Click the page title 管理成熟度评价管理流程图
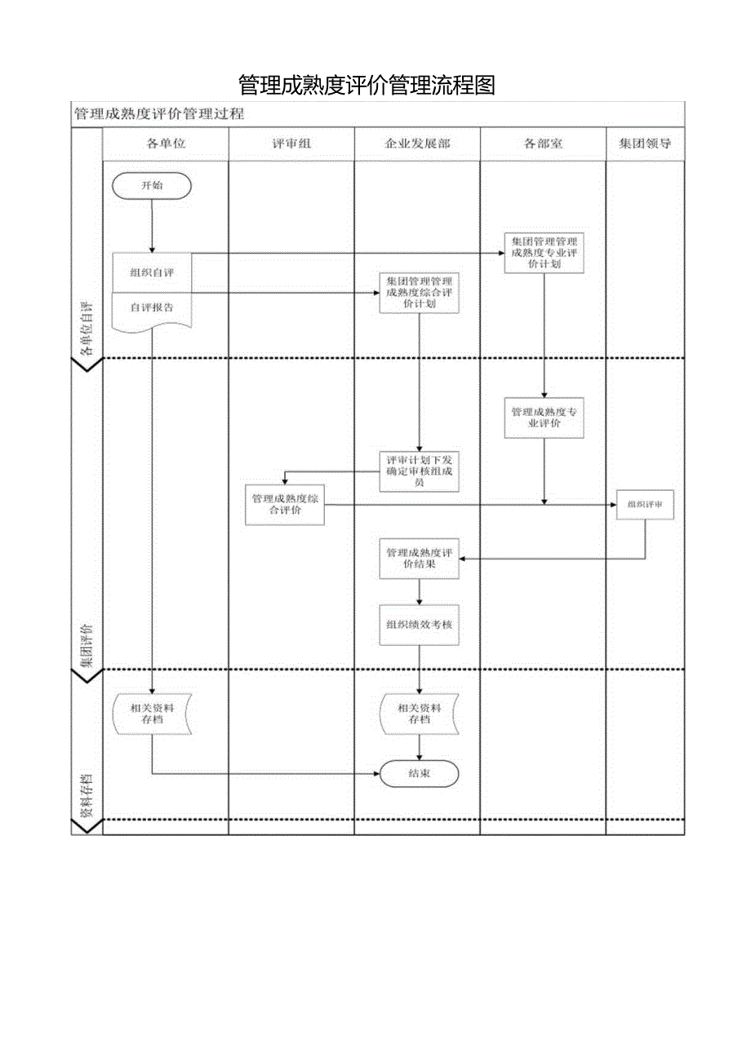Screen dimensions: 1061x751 click(x=367, y=85)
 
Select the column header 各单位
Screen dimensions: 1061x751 click(x=166, y=144)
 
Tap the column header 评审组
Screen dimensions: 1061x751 click(x=291, y=144)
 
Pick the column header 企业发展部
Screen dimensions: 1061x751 click(x=417, y=144)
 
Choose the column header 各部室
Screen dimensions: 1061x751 click(x=543, y=144)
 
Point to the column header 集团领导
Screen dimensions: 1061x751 click(x=645, y=144)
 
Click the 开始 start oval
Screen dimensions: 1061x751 click(x=152, y=185)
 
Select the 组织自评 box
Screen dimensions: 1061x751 click(x=152, y=272)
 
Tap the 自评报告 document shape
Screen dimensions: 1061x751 click(x=152, y=309)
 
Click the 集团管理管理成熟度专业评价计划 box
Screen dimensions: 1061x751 click(x=544, y=253)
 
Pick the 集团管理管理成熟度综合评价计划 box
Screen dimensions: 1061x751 click(x=419, y=292)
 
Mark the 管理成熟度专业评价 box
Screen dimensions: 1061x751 click(x=544, y=418)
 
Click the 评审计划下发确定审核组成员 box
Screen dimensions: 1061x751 click(x=419, y=471)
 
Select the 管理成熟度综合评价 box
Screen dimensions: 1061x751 click(x=285, y=504)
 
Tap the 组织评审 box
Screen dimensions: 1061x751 click(x=646, y=505)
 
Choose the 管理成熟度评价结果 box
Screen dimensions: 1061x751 click(x=419, y=559)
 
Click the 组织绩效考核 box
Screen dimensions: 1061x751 click(x=419, y=625)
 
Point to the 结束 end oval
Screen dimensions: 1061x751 click(x=419, y=773)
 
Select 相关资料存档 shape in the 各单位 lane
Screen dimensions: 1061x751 click(x=152, y=714)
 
